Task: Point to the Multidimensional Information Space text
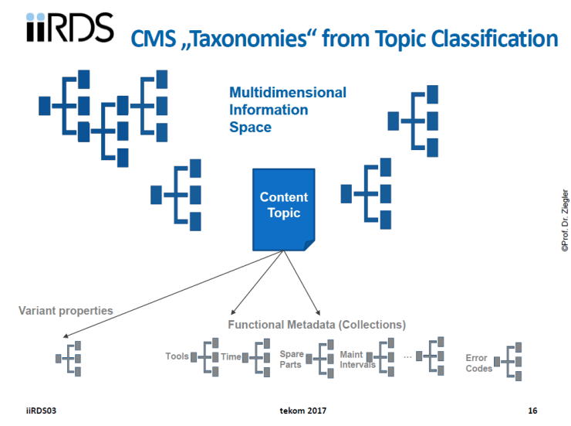point(287,109)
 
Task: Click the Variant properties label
point(66,311)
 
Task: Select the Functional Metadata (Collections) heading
point(316,325)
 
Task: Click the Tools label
point(177,356)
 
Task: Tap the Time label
point(231,356)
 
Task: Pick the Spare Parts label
point(292,359)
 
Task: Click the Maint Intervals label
point(357,360)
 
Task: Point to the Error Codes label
point(478,363)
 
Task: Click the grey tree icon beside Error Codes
point(510,361)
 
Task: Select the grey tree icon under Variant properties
point(70,358)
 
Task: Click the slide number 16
point(532,409)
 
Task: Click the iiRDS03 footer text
point(42,409)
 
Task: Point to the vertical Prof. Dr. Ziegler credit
point(564,220)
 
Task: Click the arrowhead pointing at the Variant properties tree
point(68,337)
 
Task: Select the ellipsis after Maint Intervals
point(407,356)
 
